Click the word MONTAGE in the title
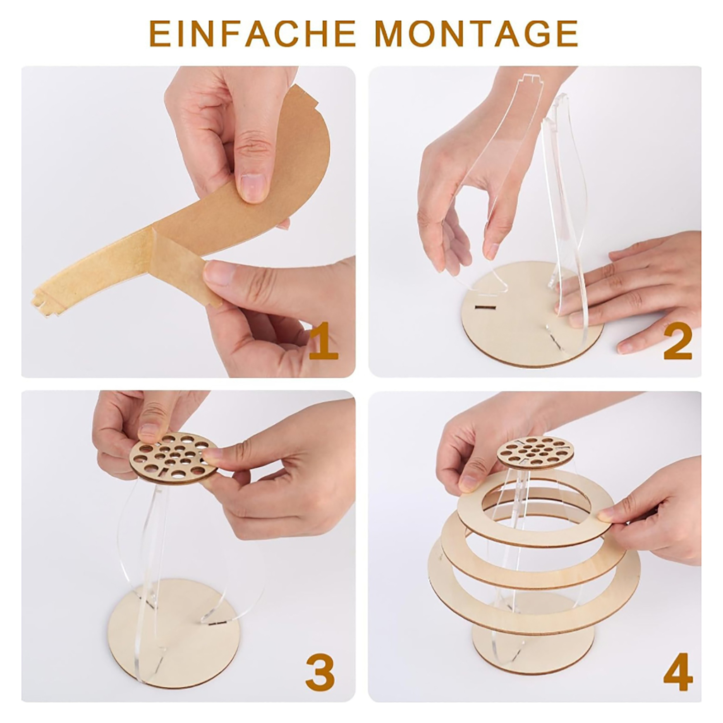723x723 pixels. pyautogui.click(x=477, y=33)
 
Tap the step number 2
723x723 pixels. pyautogui.click(x=677, y=342)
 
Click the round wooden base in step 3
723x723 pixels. pyautogui.click(x=174, y=633)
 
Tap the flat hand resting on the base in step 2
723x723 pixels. pyautogui.click(x=633, y=289)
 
